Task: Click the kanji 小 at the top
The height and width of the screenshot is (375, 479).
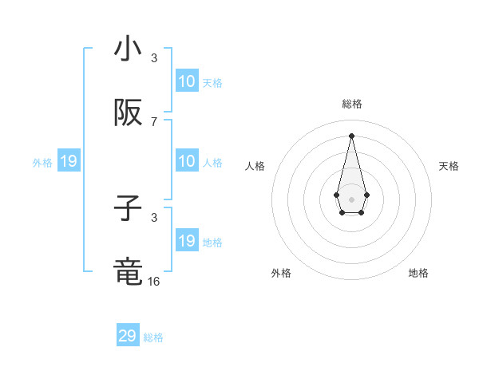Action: pyautogui.click(x=128, y=49)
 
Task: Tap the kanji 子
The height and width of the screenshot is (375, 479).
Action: pyautogui.click(x=128, y=209)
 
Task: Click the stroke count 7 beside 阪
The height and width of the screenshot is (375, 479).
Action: pyautogui.click(x=154, y=122)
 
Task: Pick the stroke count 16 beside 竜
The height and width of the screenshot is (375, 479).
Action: pyautogui.click(x=154, y=282)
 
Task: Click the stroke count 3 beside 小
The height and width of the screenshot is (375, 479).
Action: pyautogui.click(x=154, y=58)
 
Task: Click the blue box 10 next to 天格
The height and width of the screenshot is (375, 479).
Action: pyautogui.click(x=187, y=81)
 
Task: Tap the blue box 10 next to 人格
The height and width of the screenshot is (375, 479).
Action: pyautogui.click(x=187, y=161)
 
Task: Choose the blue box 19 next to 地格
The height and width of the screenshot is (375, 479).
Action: pyautogui.click(x=187, y=241)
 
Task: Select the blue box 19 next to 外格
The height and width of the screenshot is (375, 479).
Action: pyautogui.click(x=68, y=162)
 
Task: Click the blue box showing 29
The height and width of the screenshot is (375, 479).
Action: pyautogui.click(x=128, y=336)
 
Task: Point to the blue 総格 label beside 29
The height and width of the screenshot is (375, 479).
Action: pyautogui.click(x=153, y=337)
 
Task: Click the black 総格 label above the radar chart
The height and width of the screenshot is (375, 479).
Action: pyautogui.click(x=352, y=104)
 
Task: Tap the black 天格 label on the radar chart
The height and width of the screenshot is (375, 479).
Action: pyautogui.click(x=449, y=166)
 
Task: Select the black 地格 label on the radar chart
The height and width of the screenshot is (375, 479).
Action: pyautogui.click(x=418, y=273)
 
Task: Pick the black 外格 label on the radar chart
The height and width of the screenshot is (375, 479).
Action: pyautogui.click(x=281, y=273)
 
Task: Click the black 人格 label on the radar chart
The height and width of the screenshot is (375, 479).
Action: pyautogui.click(x=255, y=166)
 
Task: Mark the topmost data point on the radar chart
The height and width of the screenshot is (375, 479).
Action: pyautogui.click(x=351, y=136)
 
